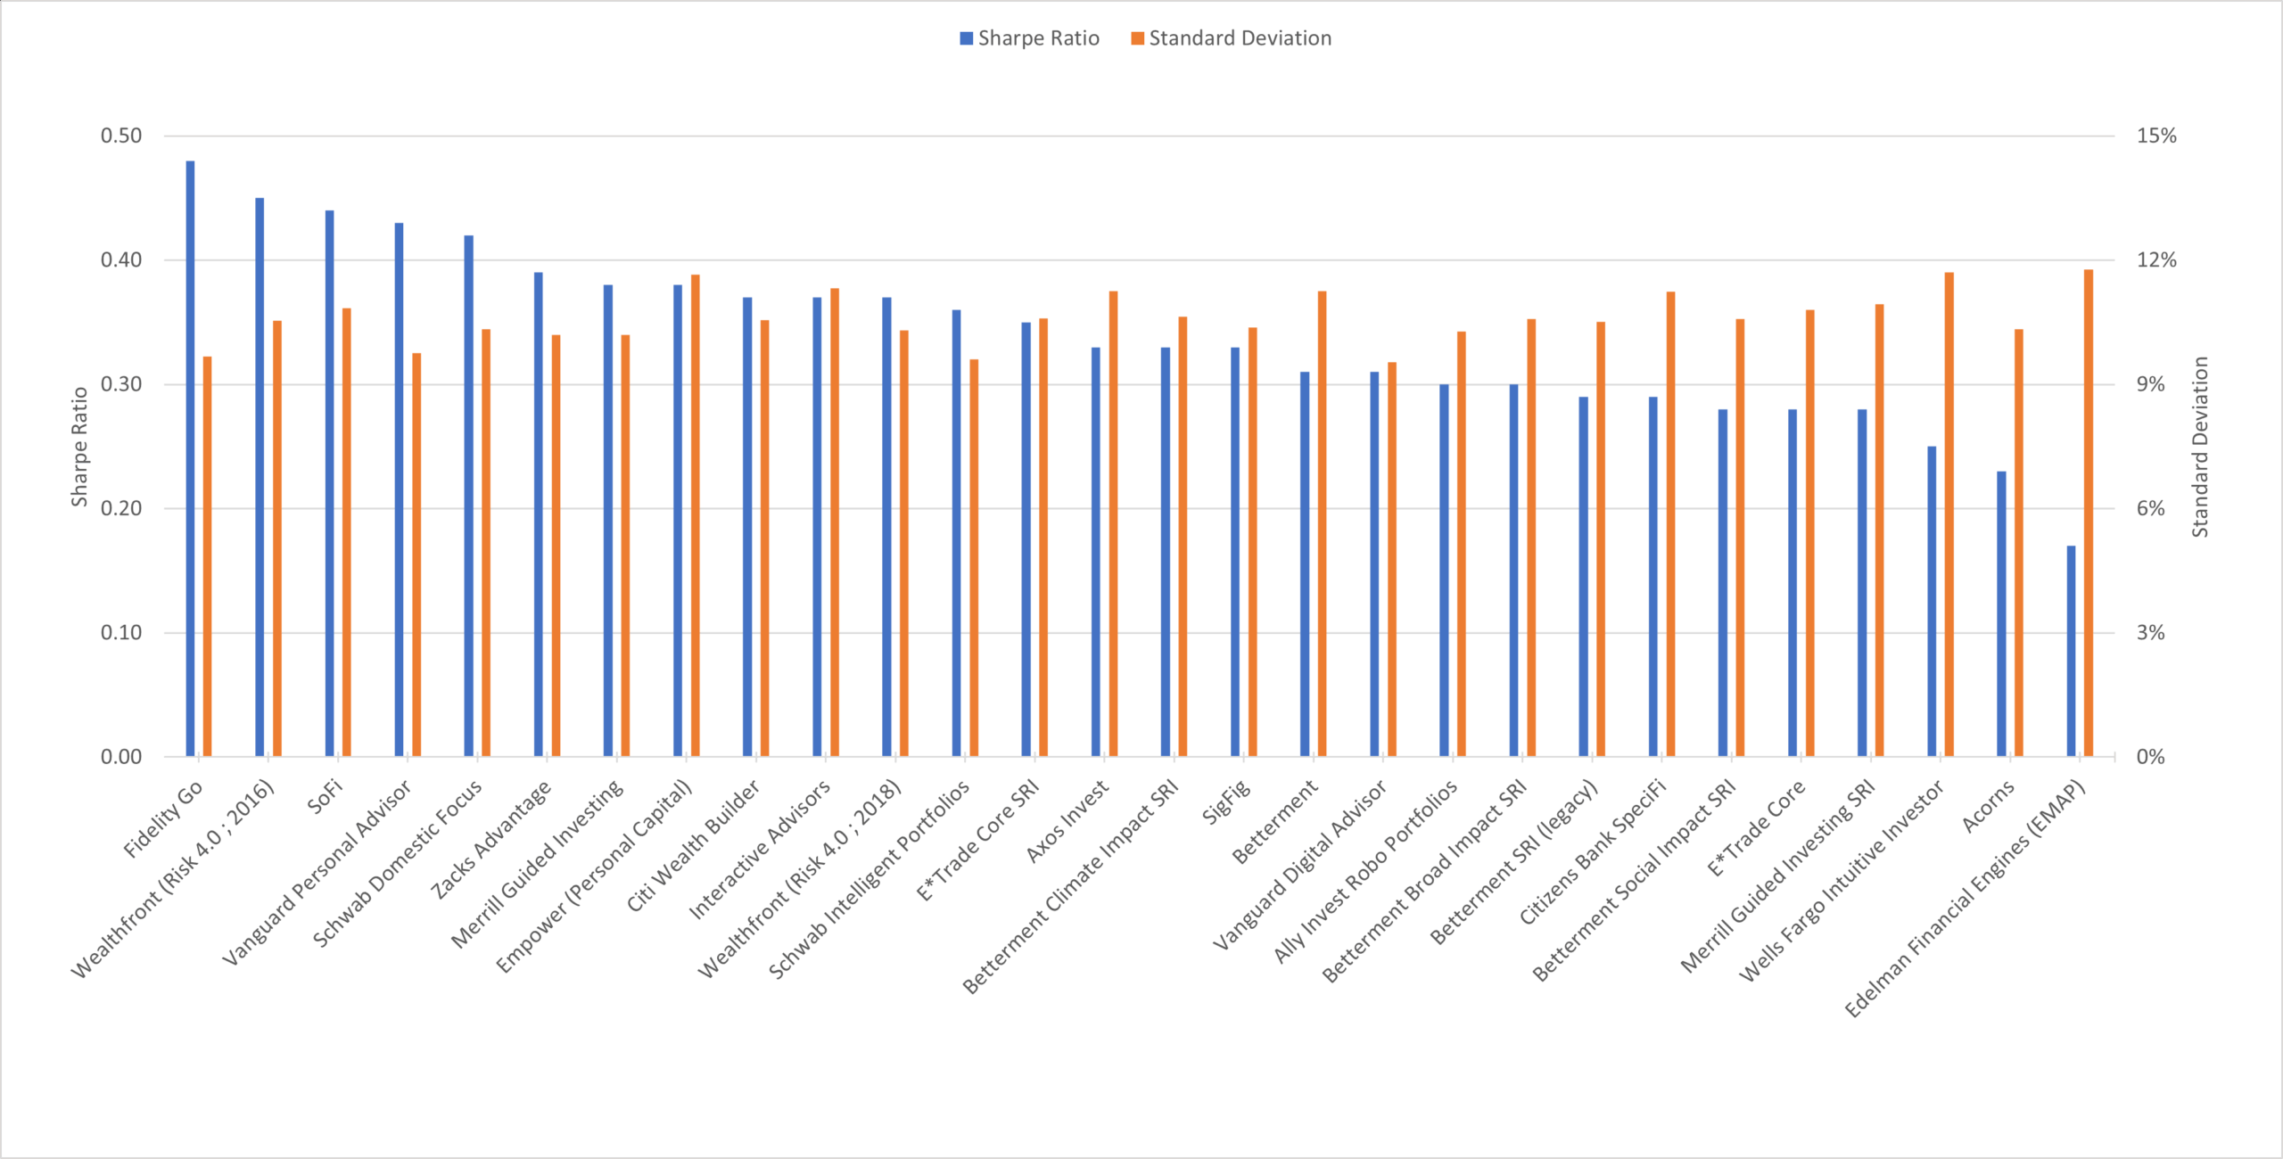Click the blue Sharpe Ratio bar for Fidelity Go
pos(190,458)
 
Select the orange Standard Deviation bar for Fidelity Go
pos(208,556)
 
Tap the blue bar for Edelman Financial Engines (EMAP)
pos(2071,651)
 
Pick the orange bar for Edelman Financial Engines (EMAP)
pos(2089,513)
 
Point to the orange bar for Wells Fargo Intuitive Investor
pos(1949,514)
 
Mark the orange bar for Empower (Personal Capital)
pos(696,515)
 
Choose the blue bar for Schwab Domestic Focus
pos(469,496)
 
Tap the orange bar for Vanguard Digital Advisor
pos(1392,559)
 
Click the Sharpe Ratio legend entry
pos(1029,38)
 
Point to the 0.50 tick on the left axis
pos(121,136)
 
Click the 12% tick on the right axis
pos(2156,260)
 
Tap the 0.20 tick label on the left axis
pos(121,508)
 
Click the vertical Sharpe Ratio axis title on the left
pos(79,447)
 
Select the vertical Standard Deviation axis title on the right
pos(2201,447)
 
